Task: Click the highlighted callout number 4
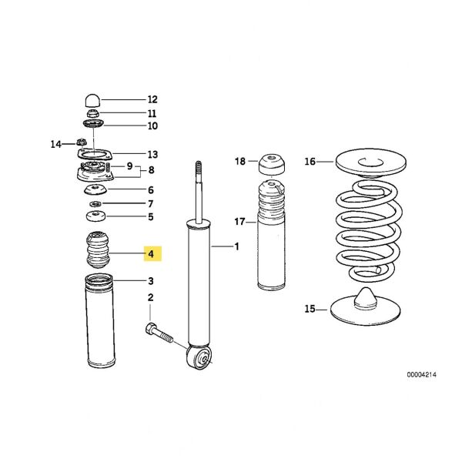pos(152,253)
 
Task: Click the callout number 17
pos(239,221)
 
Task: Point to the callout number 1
pos(237,246)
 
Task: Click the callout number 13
pos(152,153)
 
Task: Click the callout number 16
pos(310,162)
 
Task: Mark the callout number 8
pos(152,170)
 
